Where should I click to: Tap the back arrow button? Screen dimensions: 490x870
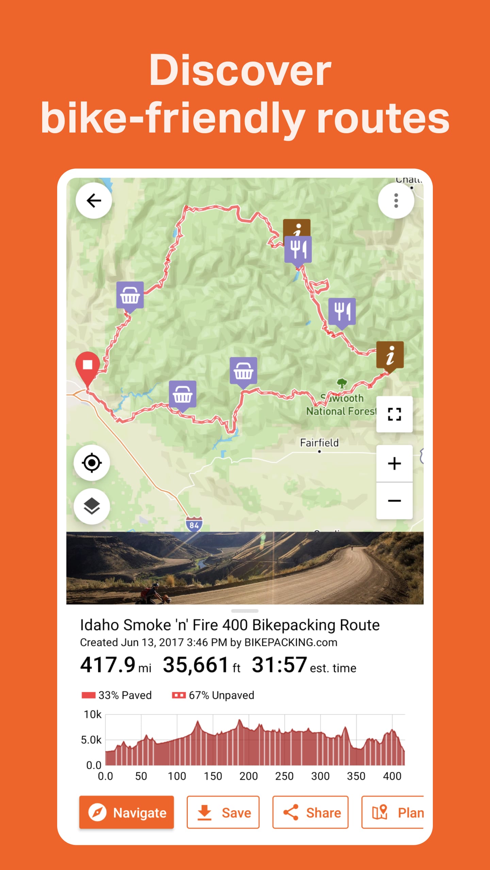click(x=94, y=201)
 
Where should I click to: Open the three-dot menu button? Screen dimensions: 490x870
click(x=396, y=201)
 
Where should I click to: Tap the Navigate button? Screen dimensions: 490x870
click(x=127, y=813)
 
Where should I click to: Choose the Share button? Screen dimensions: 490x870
click(x=310, y=813)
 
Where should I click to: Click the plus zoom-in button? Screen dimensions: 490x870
click(x=394, y=464)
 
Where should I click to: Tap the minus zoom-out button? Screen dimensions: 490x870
click(x=394, y=501)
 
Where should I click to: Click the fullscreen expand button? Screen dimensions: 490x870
click(x=394, y=414)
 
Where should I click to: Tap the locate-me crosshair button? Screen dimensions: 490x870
click(x=92, y=463)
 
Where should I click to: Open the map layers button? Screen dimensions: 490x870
click(x=92, y=506)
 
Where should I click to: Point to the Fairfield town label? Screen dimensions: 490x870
click(x=319, y=443)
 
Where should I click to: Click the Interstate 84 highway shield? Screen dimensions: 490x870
click(x=194, y=524)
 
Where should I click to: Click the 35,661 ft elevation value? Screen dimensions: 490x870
click(x=201, y=665)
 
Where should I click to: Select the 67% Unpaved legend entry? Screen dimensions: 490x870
click(x=213, y=695)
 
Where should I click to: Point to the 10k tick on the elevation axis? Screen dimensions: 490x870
click(x=93, y=715)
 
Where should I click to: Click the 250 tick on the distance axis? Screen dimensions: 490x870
click(x=284, y=776)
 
